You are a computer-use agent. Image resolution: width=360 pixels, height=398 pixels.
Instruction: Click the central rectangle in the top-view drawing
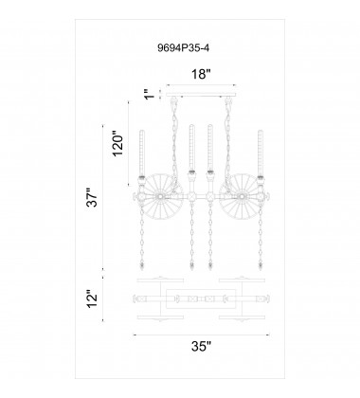pyautogui.click(x=200, y=298)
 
